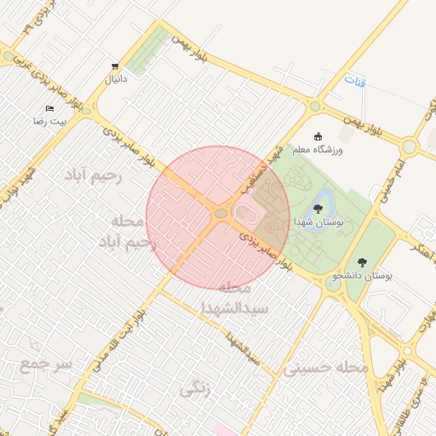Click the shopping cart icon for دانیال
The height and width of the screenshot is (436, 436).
tap(115, 66)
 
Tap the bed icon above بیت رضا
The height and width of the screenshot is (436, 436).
tap(49, 109)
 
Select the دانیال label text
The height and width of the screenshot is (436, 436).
tap(115, 78)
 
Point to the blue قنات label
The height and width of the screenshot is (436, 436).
tap(355, 81)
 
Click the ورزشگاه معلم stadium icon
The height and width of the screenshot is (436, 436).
tap(319, 137)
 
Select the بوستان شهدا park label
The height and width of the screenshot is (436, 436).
tap(317, 221)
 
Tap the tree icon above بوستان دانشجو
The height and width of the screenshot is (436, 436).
tap(364, 262)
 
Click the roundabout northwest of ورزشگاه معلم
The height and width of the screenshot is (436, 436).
tap(314, 106)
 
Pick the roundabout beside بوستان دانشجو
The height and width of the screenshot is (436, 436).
tap(332, 284)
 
